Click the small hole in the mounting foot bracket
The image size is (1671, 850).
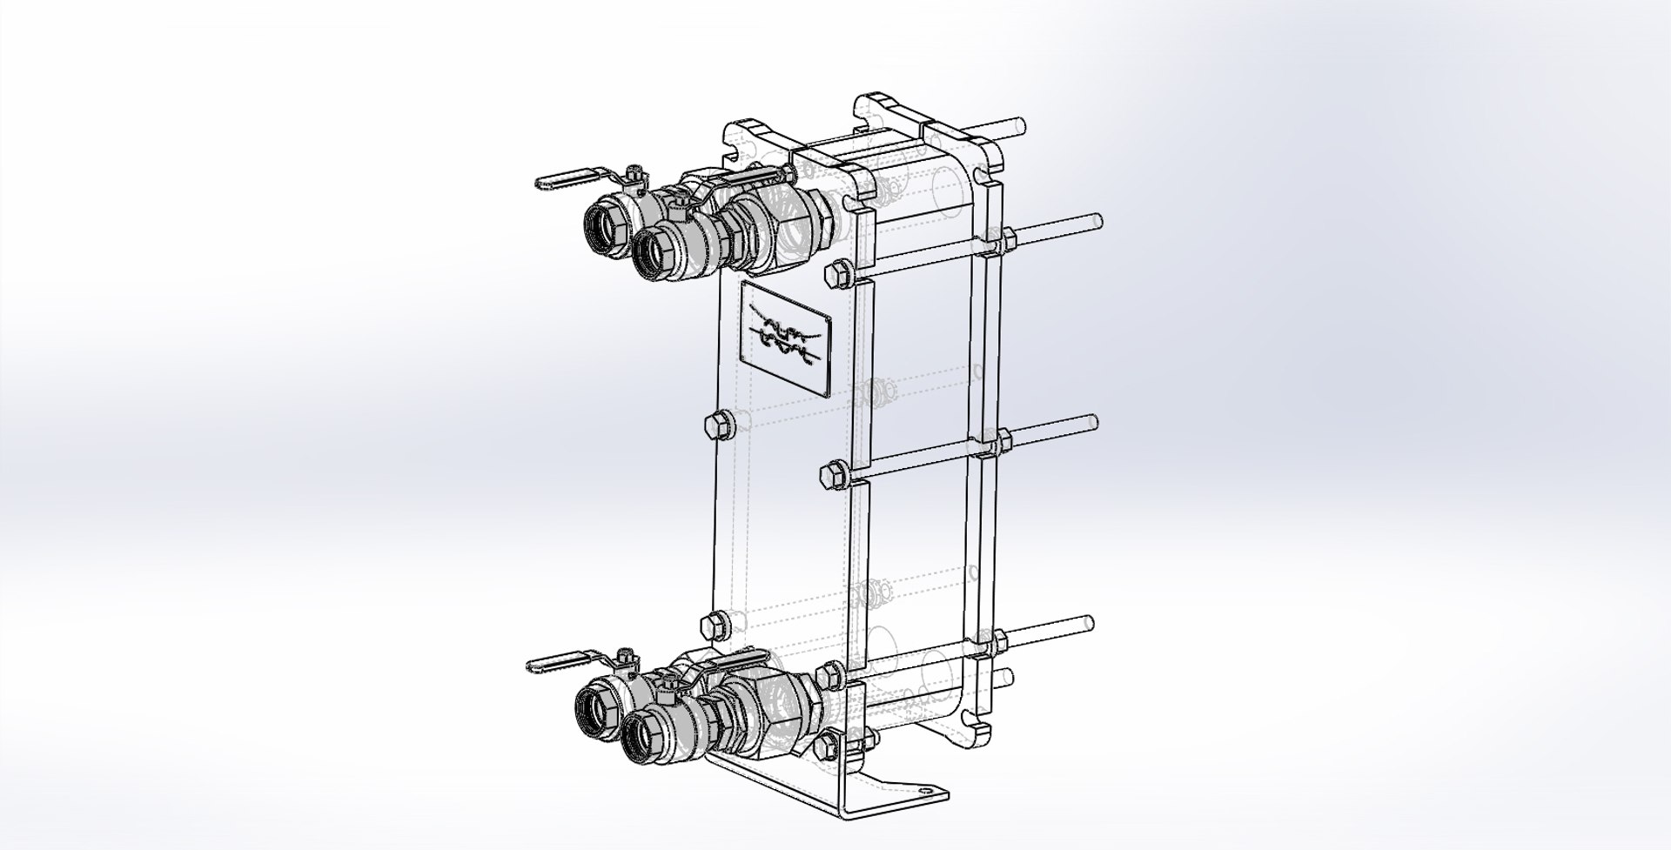924,790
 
